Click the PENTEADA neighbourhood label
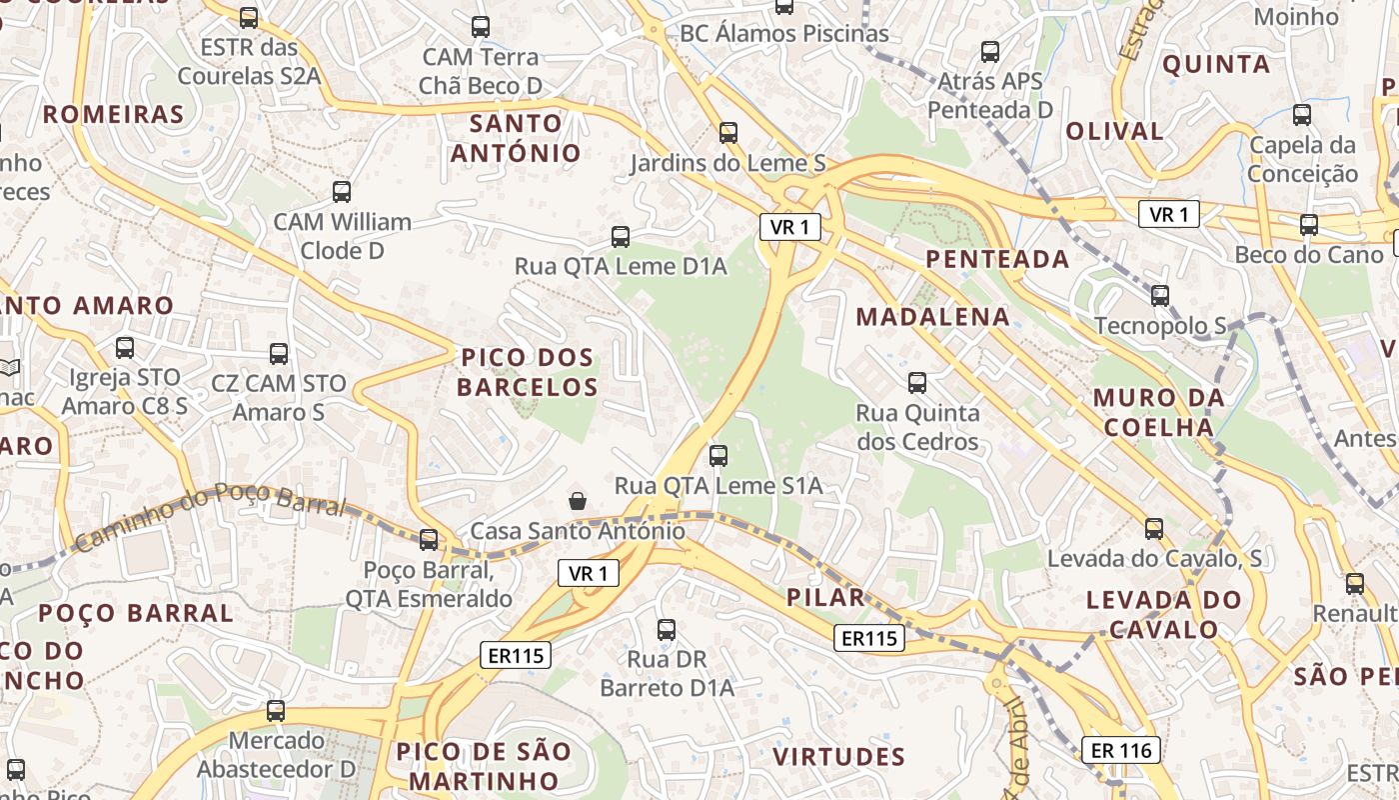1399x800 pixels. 997,259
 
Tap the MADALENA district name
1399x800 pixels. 933,317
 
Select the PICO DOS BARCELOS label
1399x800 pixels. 527,372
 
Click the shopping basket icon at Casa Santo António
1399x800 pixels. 577,499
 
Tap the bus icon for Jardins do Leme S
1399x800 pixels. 727,132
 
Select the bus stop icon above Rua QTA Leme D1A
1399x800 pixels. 620,237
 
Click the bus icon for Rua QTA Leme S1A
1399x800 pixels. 717,456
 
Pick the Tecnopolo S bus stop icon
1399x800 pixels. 1159,296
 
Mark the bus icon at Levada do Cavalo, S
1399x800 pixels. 1154,528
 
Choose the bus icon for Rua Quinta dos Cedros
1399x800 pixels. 916,382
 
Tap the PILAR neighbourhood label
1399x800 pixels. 825,598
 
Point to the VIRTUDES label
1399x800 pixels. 839,756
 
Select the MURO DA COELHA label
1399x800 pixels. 1158,412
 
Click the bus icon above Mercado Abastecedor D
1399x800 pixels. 275,711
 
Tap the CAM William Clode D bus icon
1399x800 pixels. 342,191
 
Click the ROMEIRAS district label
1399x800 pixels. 113,114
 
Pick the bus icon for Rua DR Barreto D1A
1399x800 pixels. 667,630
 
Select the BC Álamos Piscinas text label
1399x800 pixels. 783,34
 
